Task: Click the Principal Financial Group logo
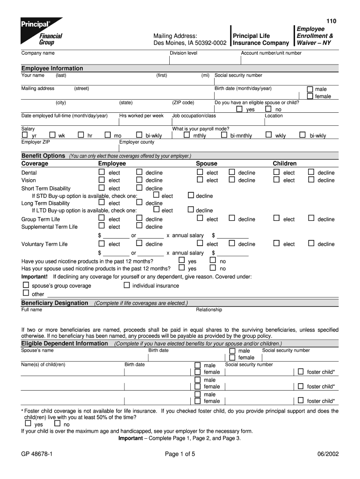pos(41,31)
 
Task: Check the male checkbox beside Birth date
pos(310,89)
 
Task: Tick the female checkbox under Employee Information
pos(310,96)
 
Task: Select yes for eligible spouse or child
pos(239,109)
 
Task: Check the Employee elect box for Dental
pos(101,172)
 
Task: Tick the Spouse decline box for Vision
pos(231,180)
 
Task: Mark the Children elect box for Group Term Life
pos(276,218)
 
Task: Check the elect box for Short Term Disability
pos(101,188)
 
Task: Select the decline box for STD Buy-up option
pos(191,196)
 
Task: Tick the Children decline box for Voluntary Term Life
pos(311,243)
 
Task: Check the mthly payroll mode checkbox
pos(187,135)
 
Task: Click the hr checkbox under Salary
pos(81,135)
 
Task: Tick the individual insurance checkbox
pos(126,285)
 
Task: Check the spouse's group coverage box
pos(26,285)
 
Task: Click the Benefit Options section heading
pos(43,156)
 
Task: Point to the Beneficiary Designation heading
pos(55,303)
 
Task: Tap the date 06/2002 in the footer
pos(327,453)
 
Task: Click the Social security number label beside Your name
pos(238,75)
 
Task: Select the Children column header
pos(285,164)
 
